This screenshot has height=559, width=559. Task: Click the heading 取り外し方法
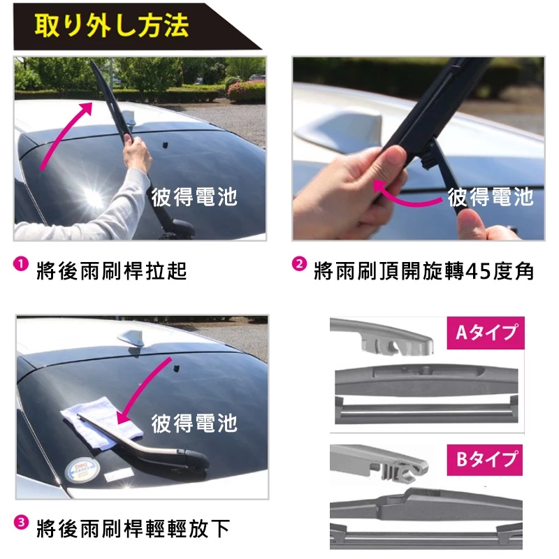click(x=111, y=27)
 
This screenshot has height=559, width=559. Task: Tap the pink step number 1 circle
click(x=21, y=265)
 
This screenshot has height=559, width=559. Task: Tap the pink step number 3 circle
click(x=21, y=522)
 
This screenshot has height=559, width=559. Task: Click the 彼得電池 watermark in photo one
click(x=194, y=196)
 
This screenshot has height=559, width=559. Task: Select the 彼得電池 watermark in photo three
click(x=194, y=423)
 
